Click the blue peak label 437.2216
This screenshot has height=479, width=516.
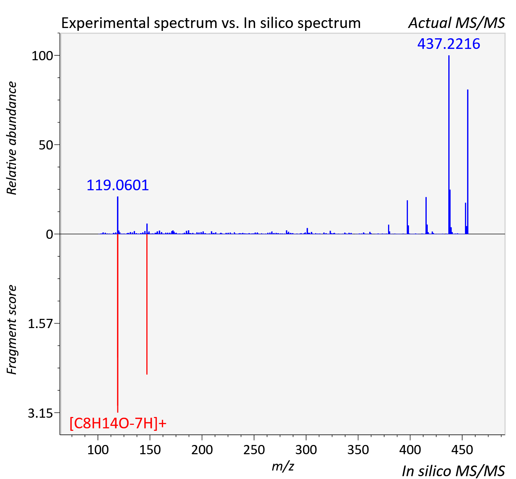(x=448, y=44)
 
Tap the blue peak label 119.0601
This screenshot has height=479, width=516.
(x=117, y=185)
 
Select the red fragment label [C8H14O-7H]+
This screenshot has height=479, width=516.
(x=118, y=423)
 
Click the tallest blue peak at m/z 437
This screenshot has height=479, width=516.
(x=449, y=145)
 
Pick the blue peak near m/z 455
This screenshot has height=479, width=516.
(x=467, y=162)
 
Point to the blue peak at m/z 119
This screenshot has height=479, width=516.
(x=117, y=215)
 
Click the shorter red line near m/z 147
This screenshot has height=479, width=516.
(x=147, y=304)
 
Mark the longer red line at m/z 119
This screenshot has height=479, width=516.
(x=118, y=323)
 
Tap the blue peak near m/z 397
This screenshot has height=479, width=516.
(x=407, y=217)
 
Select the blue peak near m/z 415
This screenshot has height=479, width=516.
(x=426, y=216)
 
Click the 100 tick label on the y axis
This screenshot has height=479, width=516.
(x=42, y=56)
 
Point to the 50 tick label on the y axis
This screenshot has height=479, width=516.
(x=46, y=145)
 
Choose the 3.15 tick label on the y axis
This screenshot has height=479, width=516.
(x=40, y=413)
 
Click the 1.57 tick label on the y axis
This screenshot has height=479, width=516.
(x=40, y=324)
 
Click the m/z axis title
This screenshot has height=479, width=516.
(x=283, y=466)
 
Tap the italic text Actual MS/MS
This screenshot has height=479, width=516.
(x=457, y=23)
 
